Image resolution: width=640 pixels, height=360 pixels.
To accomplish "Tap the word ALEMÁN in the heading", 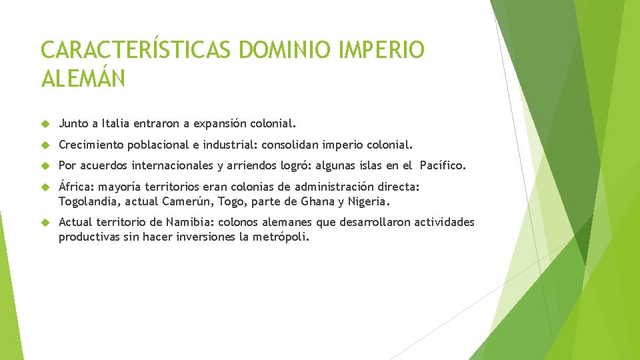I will pyautogui.click(x=83, y=79).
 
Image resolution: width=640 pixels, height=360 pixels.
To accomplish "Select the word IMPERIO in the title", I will pyautogui.click(x=383, y=50).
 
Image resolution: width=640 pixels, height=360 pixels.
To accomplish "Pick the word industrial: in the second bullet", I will pyautogui.click(x=230, y=145).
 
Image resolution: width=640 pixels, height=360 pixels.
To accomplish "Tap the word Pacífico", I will pyautogui.click(x=443, y=165).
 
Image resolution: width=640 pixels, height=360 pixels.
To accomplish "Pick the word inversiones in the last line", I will pyautogui.click(x=205, y=237).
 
